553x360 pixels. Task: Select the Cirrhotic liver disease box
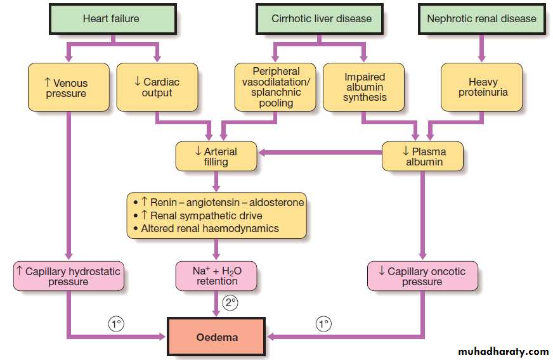point(322,18)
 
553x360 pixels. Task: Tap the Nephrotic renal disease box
point(481,18)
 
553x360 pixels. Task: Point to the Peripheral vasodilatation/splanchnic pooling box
point(276,87)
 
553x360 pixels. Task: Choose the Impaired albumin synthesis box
point(365,87)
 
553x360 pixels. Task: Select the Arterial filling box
point(216,157)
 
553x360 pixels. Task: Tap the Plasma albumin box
point(422,157)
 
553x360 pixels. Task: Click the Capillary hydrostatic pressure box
point(68,276)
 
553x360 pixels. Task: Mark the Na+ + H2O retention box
point(216,276)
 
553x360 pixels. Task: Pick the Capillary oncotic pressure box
point(422,276)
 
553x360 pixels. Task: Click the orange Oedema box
point(216,337)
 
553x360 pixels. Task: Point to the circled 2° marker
point(230,304)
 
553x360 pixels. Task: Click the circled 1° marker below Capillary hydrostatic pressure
point(115,324)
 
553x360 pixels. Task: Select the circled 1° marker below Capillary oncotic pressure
point(323,324)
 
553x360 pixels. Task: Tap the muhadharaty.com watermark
point(504,351)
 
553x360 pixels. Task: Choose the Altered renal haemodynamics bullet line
point(209,228)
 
